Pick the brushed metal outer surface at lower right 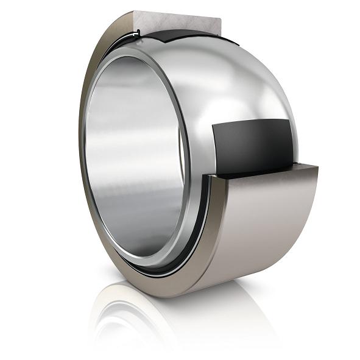click(268, 225)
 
